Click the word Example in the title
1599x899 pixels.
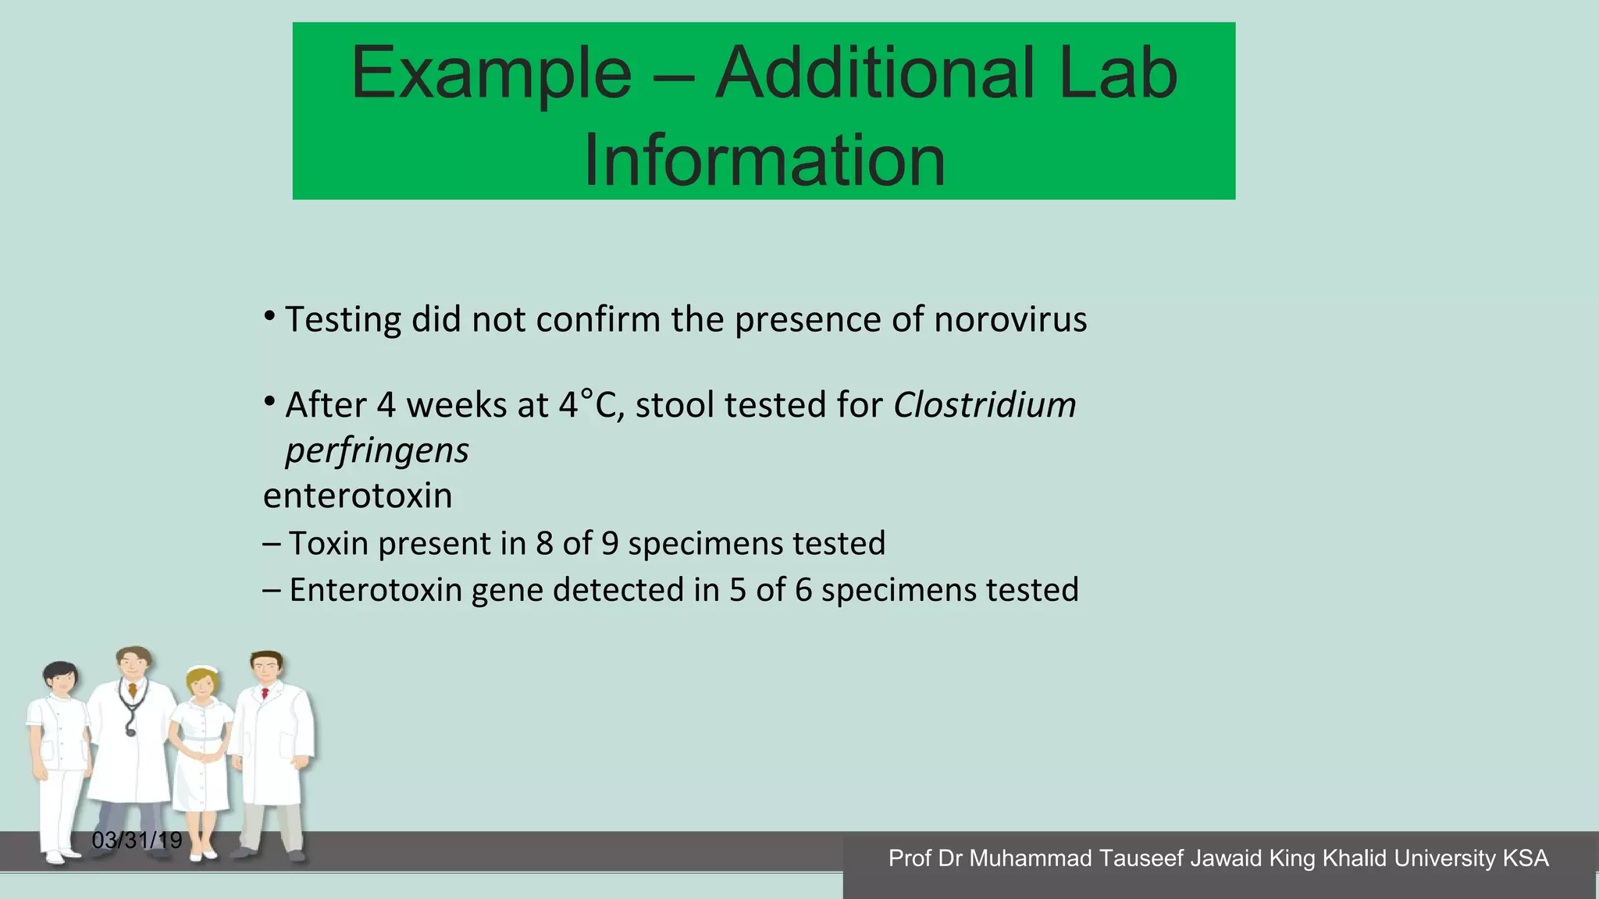click(491, 74)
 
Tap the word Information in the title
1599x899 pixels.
click(764, 161)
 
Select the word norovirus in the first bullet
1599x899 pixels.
click(1010, 320)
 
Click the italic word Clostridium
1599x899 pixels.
click(985, 405)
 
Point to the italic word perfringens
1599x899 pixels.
click(377, 451)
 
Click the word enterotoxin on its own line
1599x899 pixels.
click(358, 496)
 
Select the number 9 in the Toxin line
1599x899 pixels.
click(610, 544)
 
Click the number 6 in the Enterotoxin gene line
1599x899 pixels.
click(803, 590)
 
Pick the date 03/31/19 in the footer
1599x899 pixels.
click(137, 840)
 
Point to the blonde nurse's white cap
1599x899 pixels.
click(203, 670)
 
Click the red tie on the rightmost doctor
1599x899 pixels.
click(265, 693)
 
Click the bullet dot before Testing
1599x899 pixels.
click(269, 317)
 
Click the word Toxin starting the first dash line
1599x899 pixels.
click(328, 544)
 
